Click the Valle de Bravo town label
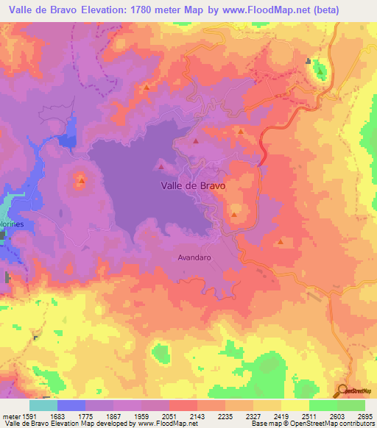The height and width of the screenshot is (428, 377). point(193,186)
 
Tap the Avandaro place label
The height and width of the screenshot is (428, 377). point(194,257)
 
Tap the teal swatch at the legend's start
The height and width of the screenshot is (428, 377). point(43,405)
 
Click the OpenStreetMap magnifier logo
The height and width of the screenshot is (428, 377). point(343,390)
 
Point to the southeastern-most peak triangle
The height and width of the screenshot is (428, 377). point(281,241)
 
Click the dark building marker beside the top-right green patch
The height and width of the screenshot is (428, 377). point(310,62)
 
